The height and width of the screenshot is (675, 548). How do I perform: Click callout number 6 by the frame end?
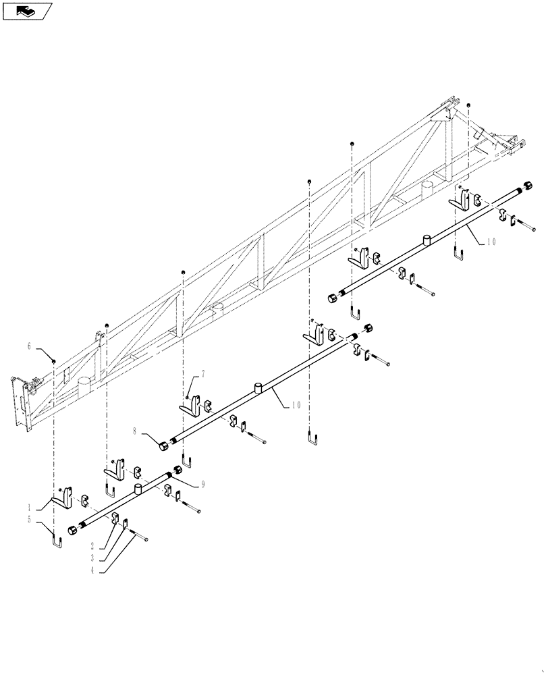(x=30, y=346)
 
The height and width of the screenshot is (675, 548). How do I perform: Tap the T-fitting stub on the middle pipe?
(x=258, y=387)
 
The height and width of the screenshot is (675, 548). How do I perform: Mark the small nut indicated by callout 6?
(x=53, y=362)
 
